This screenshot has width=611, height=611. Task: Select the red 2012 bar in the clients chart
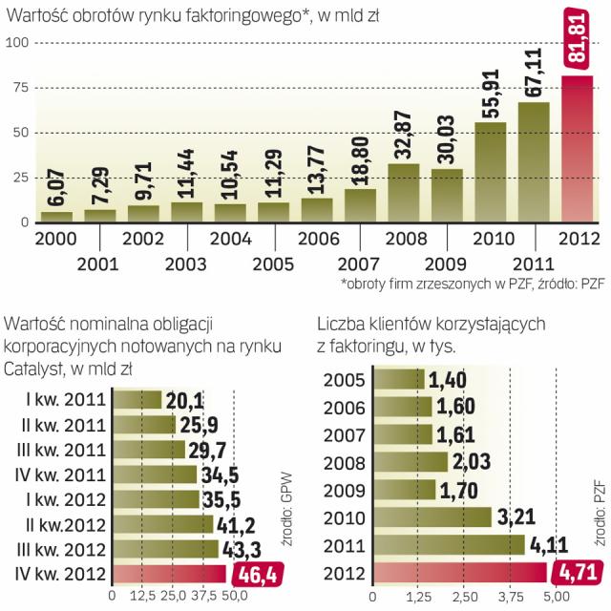(457, 573)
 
